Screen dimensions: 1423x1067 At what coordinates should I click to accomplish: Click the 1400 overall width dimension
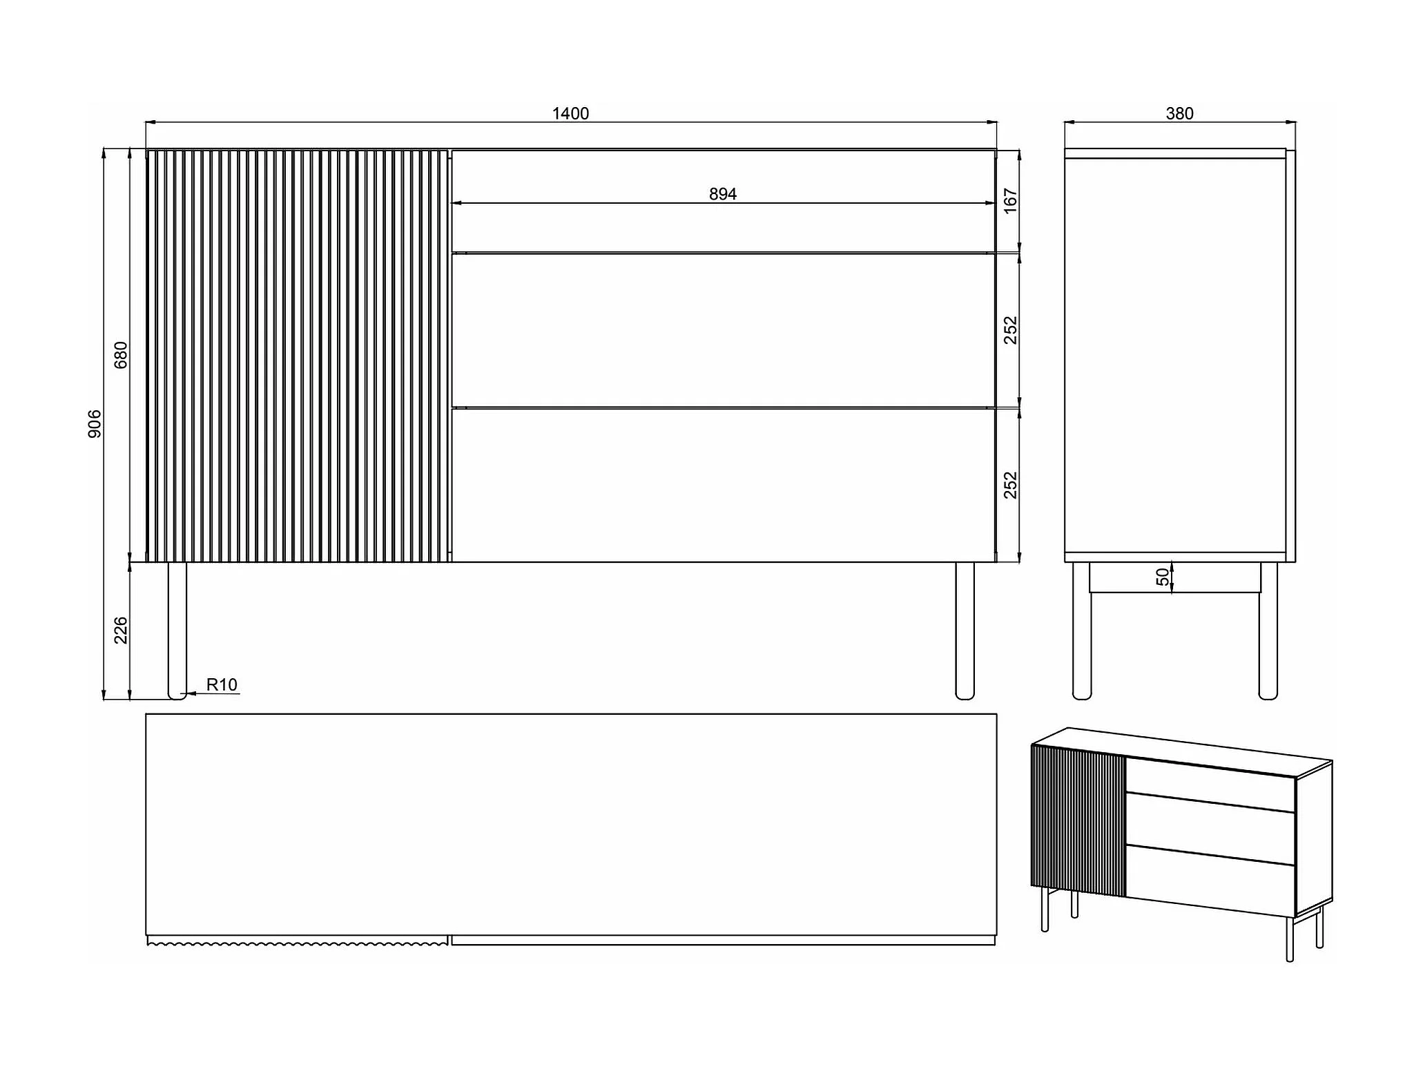570,113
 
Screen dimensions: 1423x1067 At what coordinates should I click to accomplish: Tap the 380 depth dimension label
1179,113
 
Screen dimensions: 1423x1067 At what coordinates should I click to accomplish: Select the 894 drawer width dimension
723,194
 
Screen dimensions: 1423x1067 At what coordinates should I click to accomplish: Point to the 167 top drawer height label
1010,200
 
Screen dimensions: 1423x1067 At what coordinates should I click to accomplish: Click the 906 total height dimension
95,423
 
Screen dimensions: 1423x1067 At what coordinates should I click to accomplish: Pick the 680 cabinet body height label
121,354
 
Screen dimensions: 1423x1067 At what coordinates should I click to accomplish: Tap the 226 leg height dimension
121,630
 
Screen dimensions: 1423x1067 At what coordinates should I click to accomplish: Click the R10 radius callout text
222,684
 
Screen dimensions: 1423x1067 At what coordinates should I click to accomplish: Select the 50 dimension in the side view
1163,577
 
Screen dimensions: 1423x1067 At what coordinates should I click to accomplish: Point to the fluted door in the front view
297,355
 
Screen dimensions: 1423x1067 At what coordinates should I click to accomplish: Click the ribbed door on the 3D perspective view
1078,822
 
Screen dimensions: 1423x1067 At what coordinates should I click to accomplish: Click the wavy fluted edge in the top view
297,941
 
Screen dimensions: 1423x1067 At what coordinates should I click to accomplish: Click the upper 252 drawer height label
1010,330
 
